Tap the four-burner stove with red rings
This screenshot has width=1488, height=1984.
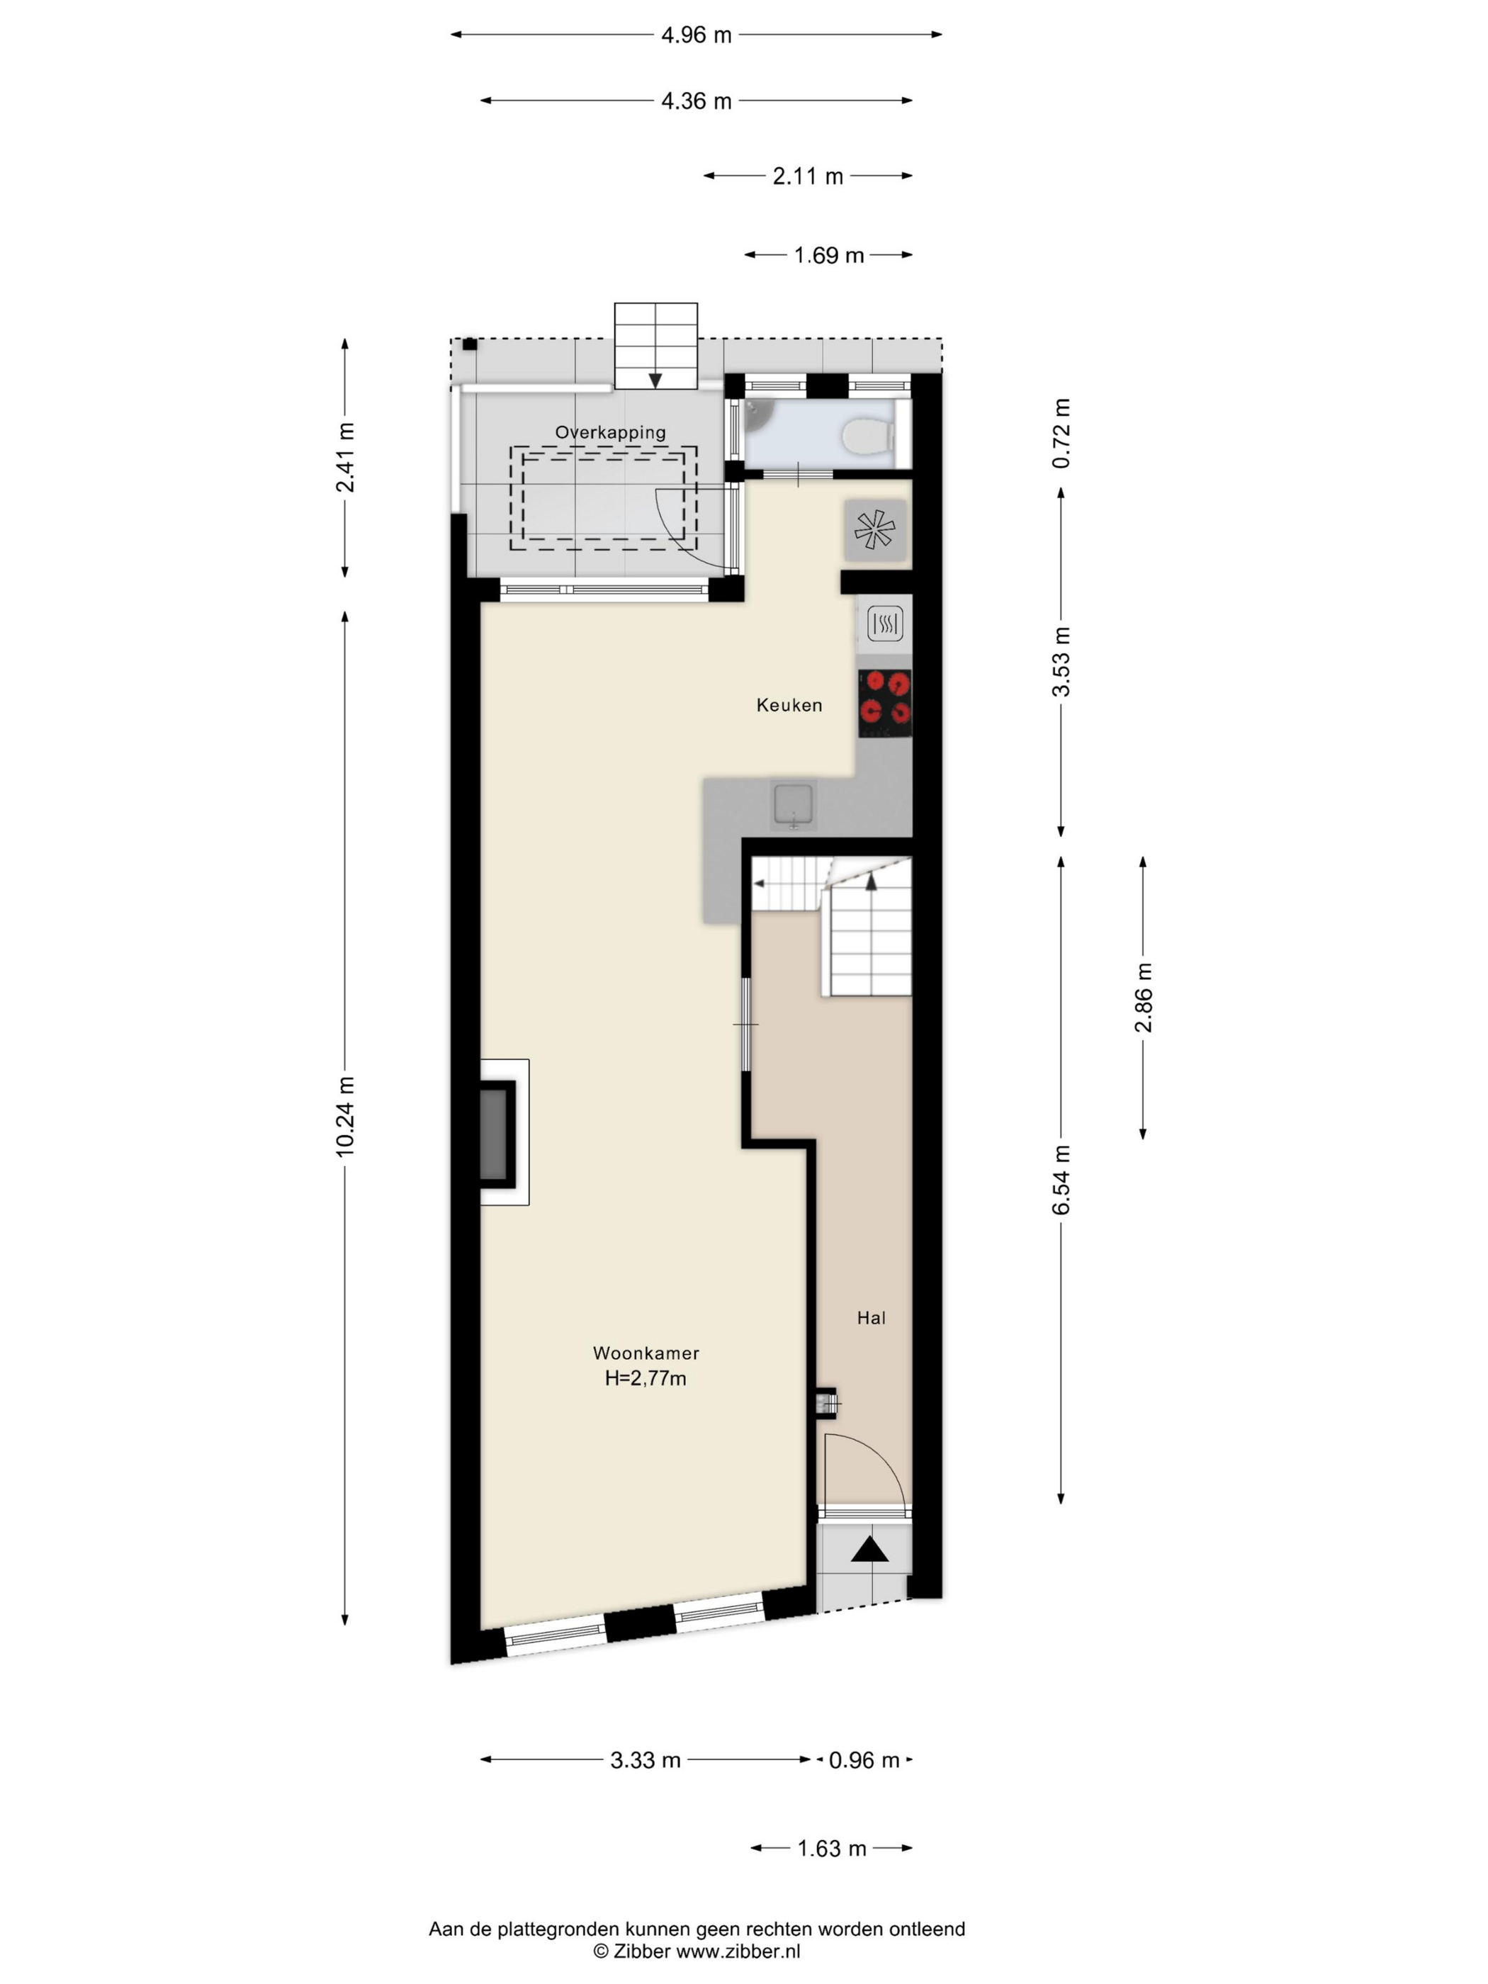click(884, 703)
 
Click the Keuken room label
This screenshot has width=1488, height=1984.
click(789, 705)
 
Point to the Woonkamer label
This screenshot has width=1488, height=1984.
click(646, 1353)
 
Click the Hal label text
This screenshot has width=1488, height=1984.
click(871, 1317)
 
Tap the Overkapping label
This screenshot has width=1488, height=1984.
click(610, 432)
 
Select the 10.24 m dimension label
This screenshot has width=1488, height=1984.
click(345, 1117)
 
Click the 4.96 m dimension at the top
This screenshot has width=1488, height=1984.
click(696, 35)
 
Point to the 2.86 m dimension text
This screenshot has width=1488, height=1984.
click(1144, 998)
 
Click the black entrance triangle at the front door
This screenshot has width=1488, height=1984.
click(869, 1550)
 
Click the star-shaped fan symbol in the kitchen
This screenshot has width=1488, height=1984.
click(874, 529)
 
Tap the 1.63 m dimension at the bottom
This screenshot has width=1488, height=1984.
click(833, 1849)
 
